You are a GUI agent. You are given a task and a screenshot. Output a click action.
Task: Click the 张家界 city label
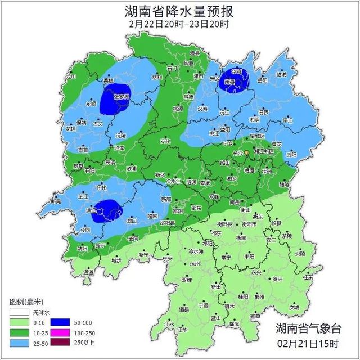click(x=121, y=96)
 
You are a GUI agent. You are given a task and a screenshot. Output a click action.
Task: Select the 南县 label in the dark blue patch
click(x=229, y=82)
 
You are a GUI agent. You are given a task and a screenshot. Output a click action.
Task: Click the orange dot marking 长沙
click(x=246, y=153)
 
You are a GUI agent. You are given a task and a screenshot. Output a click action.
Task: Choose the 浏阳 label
click(x=291, y=154)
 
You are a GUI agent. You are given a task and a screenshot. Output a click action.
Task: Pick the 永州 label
click(x=195, y=263)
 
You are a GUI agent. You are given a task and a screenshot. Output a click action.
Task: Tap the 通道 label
click(x=89, y=272)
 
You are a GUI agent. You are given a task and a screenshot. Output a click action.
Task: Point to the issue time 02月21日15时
click(x=308, y=343)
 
